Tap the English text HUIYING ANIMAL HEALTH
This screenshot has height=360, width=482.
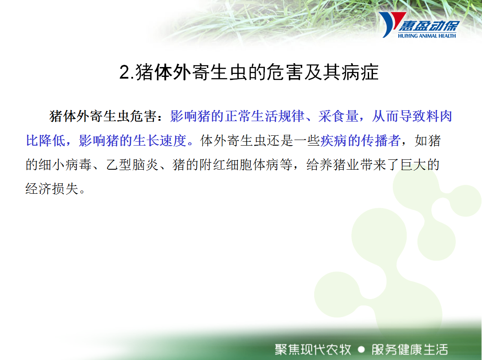point(427,36)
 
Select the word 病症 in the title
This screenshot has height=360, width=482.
point(360,73)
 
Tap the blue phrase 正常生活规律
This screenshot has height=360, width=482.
point(265,116)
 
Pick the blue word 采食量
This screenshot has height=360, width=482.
point(339,116)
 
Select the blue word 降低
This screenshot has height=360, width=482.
point(52,140)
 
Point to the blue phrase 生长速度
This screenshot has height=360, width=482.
point(160,140)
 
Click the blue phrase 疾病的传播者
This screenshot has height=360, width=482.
point(361,140)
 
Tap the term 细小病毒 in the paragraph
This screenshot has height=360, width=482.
point(65,165)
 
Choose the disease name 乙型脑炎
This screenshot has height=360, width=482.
point(133,165)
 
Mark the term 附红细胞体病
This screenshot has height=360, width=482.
point(239,165)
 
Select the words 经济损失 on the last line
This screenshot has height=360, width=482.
point(52,189)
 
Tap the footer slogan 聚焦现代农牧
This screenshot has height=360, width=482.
point(313,350)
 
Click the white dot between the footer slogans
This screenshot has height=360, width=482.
point(361,350)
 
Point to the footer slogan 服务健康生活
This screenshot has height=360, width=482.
point(410,350)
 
